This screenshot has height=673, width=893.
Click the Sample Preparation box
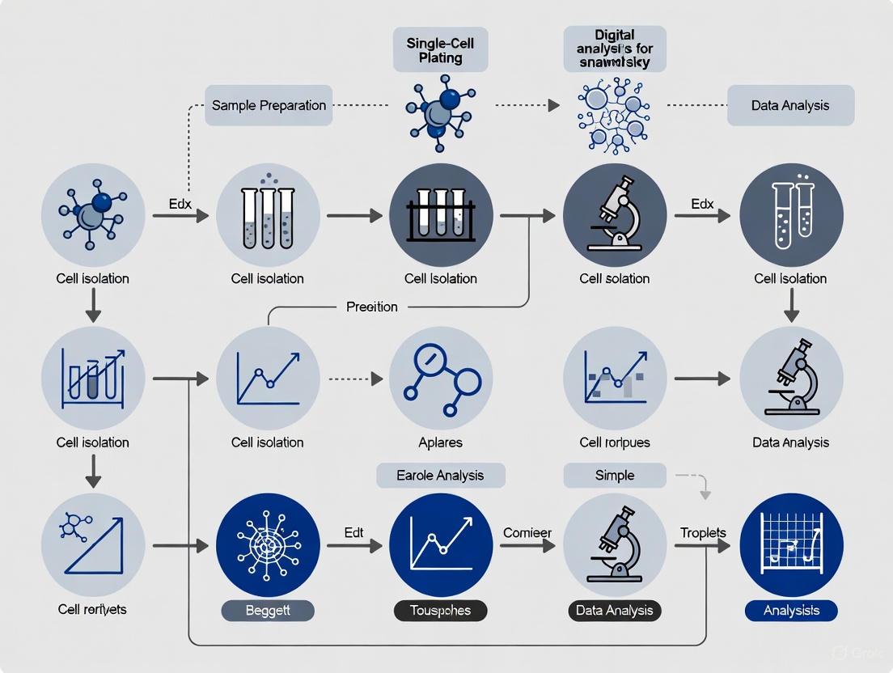tap(269, 105)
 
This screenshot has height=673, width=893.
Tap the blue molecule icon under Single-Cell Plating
tap(438, 111)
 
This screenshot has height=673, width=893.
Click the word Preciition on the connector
tap(372, 307)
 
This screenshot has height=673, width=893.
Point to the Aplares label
tap(441, 442)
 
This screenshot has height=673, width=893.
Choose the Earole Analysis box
tap(441, 476)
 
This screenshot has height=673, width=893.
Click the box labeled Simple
tap(615, 476)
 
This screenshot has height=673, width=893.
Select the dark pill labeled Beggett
tap(268, 611)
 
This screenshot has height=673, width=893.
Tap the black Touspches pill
tap(441, 611)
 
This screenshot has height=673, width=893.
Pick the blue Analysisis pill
tap(792, 611)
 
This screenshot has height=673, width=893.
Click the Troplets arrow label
tap(703, 533)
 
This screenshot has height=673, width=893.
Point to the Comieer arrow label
tap(527, 533)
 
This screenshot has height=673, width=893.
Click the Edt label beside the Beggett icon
tap(353, 533)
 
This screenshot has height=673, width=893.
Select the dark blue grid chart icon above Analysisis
tap(791, 546)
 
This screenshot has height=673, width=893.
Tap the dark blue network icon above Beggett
tap(269, 546)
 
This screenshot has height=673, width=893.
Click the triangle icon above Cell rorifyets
tap(93, 546)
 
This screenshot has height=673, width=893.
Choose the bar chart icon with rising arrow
tap(93, 378)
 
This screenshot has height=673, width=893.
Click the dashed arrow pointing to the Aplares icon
tap(353, 378)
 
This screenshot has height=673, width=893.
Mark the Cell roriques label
tap(615, 442)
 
